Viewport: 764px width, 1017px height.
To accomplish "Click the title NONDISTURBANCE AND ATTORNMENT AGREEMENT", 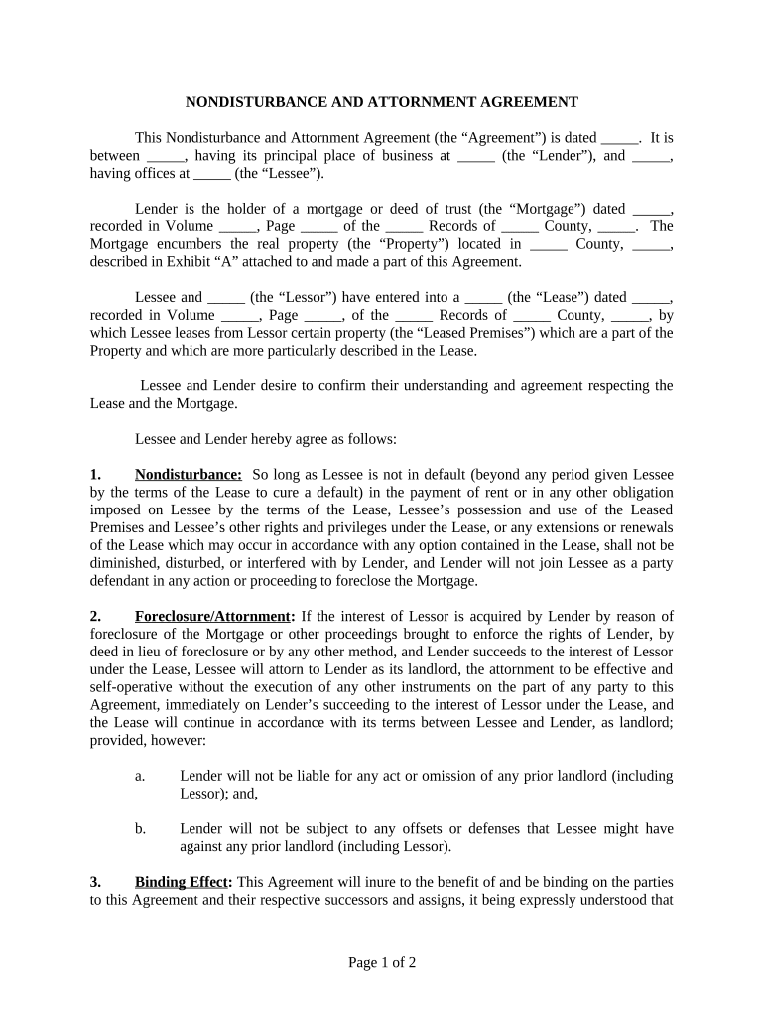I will tap(382, 101).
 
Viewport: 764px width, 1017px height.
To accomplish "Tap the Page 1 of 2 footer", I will tap(382, 962).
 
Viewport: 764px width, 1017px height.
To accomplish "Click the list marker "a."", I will tap(141, 775).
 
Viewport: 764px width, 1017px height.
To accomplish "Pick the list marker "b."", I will tap(141, 828).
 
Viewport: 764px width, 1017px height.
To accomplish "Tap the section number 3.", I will tap(95, 881).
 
